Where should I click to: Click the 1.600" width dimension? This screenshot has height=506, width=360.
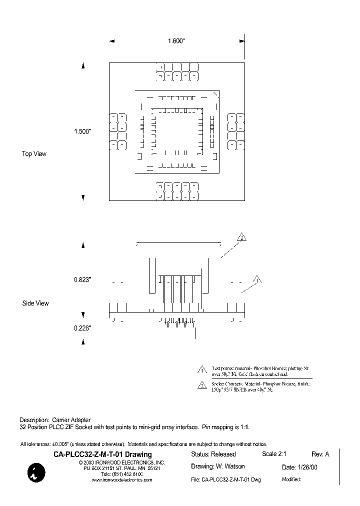[x=176, y=41]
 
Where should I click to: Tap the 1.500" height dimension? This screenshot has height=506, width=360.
[x=82, y=131]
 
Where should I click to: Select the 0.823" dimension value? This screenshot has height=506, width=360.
[x=82, y=280]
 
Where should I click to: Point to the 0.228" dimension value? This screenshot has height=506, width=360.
[x=82, y=328]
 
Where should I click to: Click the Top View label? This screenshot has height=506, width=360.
[x=34, y=153]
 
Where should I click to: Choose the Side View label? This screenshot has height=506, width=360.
[x=35, y=303]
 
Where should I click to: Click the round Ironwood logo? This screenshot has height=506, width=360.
[x=36, y=472]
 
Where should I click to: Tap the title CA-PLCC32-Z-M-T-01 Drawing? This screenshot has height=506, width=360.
[x=102, y=454]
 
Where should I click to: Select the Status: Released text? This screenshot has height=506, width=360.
[x=213, y=454]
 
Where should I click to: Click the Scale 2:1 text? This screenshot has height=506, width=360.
[x=273, y=454]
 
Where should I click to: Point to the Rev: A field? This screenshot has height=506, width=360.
[x=320, y=454]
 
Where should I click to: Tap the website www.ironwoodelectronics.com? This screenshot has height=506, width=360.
[x=122, y=479]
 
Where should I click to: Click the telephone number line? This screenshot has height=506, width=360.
[x=121, y=473]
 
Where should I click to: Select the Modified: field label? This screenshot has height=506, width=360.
[x=291, y=479]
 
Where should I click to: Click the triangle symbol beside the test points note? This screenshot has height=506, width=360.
[x=202, y=370]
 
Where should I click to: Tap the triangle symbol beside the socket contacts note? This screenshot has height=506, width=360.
[x=202, y=385]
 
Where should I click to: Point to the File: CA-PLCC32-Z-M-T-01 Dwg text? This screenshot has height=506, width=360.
[x=226, y=479]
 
